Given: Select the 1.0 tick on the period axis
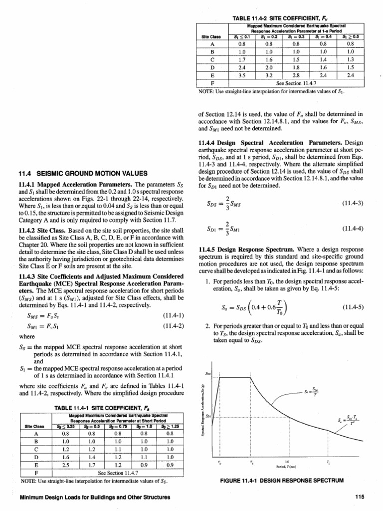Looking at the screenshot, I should pos(288,461).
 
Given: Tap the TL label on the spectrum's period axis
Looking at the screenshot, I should pos(327,463).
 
